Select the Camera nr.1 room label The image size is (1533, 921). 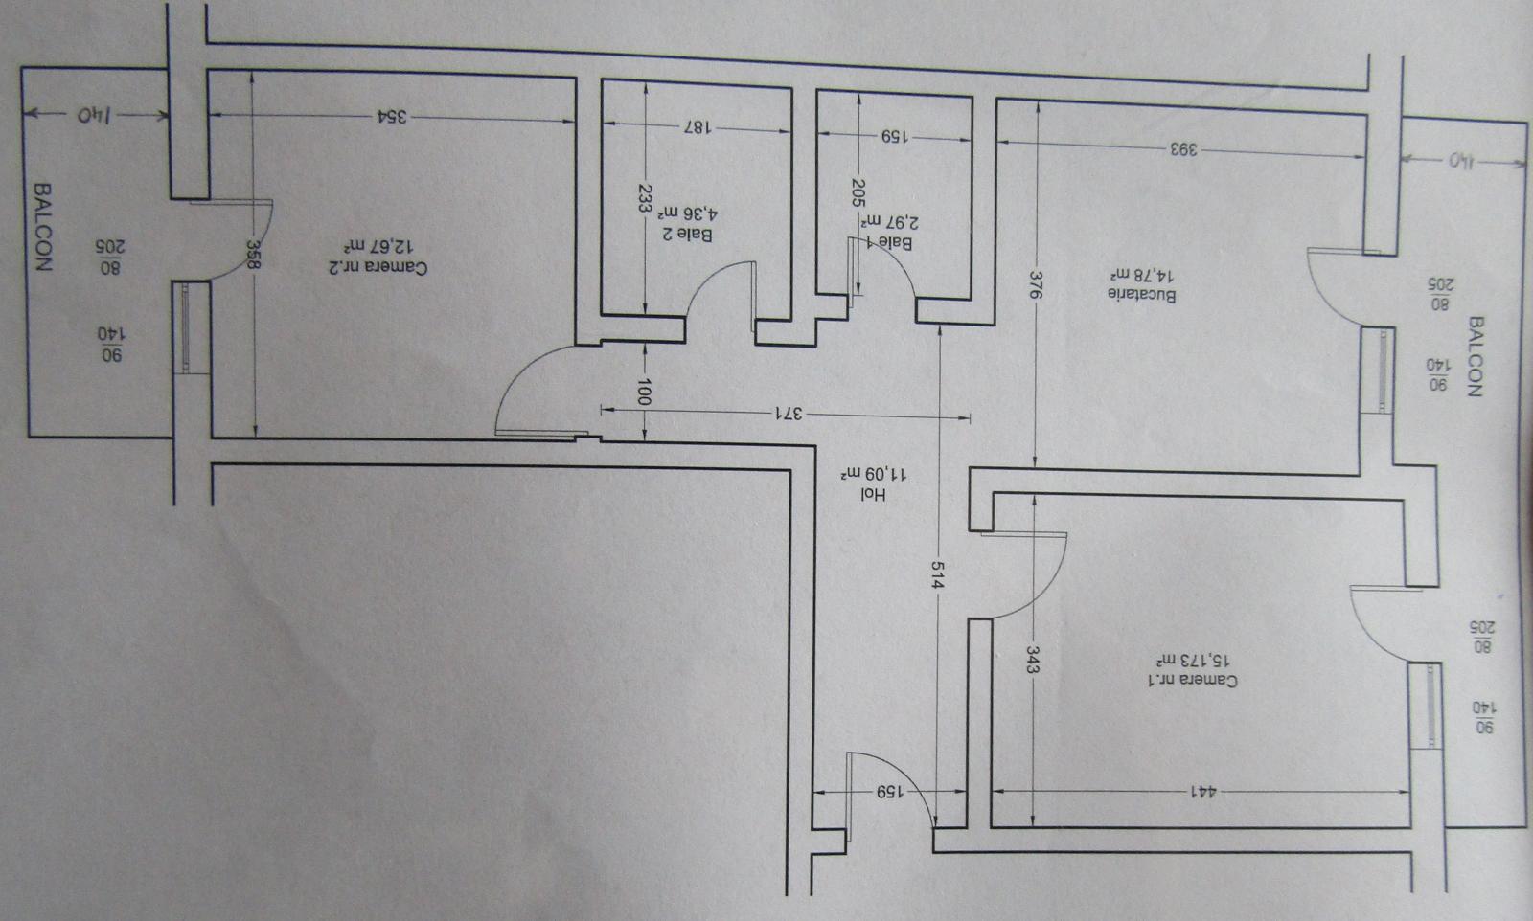1193,681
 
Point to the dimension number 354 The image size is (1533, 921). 392,116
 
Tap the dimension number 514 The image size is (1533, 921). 938,575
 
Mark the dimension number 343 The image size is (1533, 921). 1031,659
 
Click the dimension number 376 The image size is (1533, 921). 1036,285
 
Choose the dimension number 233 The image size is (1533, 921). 645,199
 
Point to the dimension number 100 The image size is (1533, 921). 645,392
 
